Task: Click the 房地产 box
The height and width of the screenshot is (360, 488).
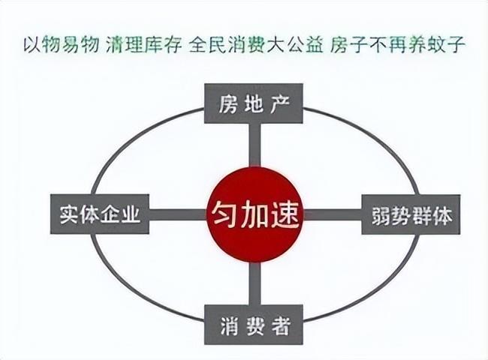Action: tap(253, 103)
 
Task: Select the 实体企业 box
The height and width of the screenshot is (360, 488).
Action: tap(100, 214)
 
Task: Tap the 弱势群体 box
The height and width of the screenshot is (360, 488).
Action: tap(411, 214)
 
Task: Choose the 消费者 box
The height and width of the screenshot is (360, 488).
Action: tap(253, 325)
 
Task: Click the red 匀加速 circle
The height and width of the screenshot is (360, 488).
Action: tap(255, 214)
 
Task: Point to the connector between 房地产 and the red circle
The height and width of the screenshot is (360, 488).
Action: tap(255, 145)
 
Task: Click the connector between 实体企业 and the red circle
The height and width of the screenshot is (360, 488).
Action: tap(178, 214)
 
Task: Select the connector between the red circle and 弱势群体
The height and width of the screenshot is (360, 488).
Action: tap(332, 214)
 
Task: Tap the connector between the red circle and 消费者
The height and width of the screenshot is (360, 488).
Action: tap(255, 283)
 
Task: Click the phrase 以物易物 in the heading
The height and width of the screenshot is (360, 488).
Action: tap(62, 45)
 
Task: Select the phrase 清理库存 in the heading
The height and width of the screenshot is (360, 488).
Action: tap(144, 45)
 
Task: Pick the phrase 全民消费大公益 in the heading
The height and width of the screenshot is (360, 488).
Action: tap(256, 45)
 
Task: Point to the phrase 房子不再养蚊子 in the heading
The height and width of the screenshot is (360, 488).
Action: tap(397, 45)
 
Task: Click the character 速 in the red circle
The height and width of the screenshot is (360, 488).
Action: tap(285, 215)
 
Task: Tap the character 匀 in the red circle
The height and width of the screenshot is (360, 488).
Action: tap(224, 215)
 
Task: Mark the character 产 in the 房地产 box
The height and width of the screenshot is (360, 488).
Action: tap(281, 104)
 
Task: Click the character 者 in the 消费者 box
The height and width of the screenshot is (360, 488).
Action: tap(281, 325)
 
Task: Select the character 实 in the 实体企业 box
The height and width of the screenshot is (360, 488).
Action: tap(69, 214)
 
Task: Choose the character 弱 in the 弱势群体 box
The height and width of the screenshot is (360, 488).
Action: tap(381, 215)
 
